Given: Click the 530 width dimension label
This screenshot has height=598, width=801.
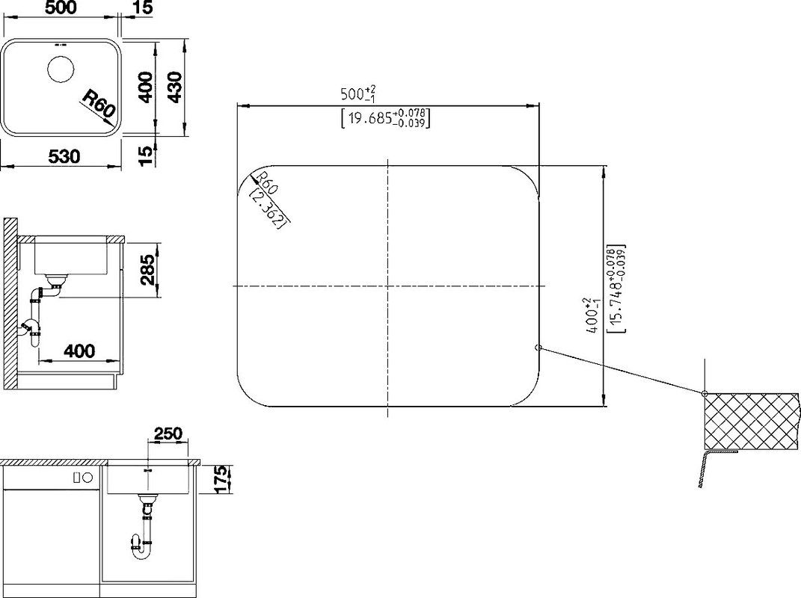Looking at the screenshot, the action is tap(64, 156).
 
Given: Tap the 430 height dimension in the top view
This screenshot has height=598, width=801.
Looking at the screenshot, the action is tap(175, 87).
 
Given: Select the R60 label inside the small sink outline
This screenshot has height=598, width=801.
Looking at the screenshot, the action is tap(100, 104).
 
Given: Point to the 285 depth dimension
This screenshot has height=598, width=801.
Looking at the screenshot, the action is tap(148, 270).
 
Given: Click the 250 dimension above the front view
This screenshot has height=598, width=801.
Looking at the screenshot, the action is tap(168, 434).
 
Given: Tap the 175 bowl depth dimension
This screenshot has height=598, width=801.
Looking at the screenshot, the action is tap(220, 479).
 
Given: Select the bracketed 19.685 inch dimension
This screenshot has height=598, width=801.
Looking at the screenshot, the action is tap(385, 118).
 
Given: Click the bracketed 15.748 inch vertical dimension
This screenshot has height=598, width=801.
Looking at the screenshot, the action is tap(616, 289).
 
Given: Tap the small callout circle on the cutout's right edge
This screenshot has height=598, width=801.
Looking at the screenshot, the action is tap(538, 348).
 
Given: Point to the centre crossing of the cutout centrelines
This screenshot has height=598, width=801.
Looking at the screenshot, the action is tap(388, 286).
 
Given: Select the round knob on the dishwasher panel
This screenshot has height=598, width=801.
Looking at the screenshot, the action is tap(88, 478).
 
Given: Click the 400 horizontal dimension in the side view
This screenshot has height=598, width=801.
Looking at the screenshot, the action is tap(79, 351).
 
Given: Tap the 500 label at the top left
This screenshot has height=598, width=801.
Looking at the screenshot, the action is tap(61, 7).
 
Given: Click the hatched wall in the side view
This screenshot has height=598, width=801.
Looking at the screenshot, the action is tap(10, 303).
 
